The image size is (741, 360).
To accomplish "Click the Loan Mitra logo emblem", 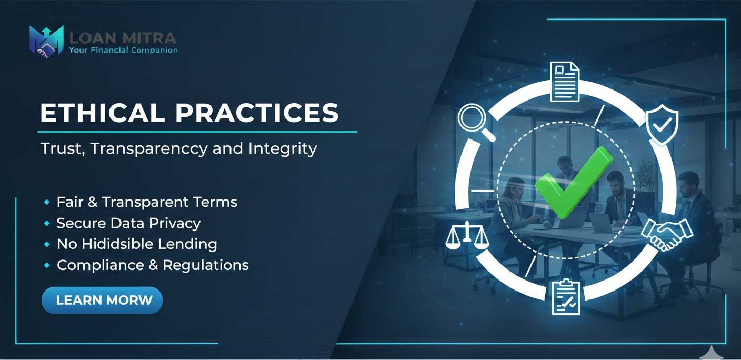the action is (46, 42).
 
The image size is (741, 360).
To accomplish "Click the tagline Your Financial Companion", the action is (123, 51).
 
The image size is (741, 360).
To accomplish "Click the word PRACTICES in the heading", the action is (257, 113).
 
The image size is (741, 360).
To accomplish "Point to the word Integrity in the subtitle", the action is (283, 148).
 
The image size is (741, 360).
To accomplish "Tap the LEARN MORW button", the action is (102, 300).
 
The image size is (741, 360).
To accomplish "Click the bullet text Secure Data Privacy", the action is (129, 223).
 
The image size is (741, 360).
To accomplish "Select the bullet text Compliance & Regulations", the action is (153, 265).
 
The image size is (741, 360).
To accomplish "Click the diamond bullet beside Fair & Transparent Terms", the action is (47, 202).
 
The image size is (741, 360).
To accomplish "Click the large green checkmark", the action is (574, 183).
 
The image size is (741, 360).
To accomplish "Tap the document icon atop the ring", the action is (565, 82).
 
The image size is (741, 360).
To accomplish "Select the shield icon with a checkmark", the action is (662, 124).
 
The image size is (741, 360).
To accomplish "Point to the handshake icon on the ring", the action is (667, 234).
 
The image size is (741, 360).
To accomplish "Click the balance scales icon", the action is (467, 235).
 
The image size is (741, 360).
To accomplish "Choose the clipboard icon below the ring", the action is (566, 297).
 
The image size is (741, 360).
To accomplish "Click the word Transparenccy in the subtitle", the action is (149, 148).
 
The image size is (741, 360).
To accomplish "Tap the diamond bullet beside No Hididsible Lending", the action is (47, 244).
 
